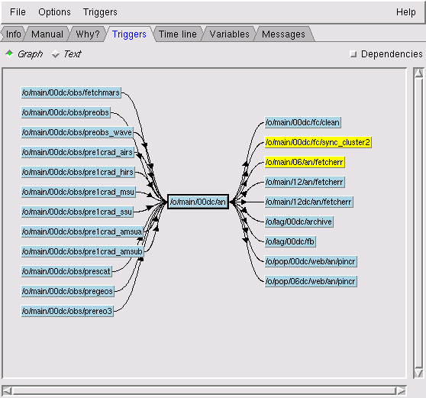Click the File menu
pos(18,12)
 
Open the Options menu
pos(54,12)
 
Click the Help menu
pos(405,12)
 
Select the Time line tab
pos(177,34)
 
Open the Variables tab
pos(229,34)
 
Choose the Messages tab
pos(283,34)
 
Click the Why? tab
pos(88,34)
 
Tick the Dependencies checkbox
pos(353,53)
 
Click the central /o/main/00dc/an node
pos(198,202)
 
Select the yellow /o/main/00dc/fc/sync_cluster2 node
pos(318,142)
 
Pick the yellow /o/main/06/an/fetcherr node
pos(305,162)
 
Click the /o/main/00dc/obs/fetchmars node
pos(71,92)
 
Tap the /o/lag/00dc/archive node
pos(299,222)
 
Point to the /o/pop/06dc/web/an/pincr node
pos(311,281)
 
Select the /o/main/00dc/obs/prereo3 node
pos(67,311)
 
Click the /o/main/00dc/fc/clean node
pos(302,122)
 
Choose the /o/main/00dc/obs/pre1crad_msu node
pos(78,192)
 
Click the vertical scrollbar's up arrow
pos(418,73)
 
